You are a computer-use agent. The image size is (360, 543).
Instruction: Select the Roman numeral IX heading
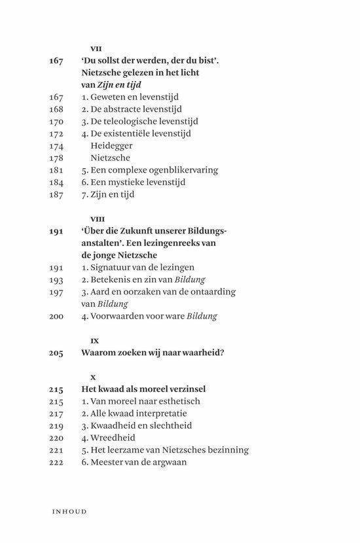point(94,340)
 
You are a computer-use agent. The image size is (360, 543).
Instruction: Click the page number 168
point(56,109)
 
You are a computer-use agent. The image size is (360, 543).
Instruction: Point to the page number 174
point(56,145)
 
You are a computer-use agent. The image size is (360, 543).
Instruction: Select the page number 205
point(56,353)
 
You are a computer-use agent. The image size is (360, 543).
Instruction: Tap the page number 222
point(56,463)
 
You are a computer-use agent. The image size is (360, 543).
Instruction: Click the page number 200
point(56,316)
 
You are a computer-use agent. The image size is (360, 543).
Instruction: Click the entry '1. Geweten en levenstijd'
point(126,97)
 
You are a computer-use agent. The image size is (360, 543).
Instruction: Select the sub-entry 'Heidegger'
point(111,145)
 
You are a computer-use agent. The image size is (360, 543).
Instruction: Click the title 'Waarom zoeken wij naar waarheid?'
point(153,353)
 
